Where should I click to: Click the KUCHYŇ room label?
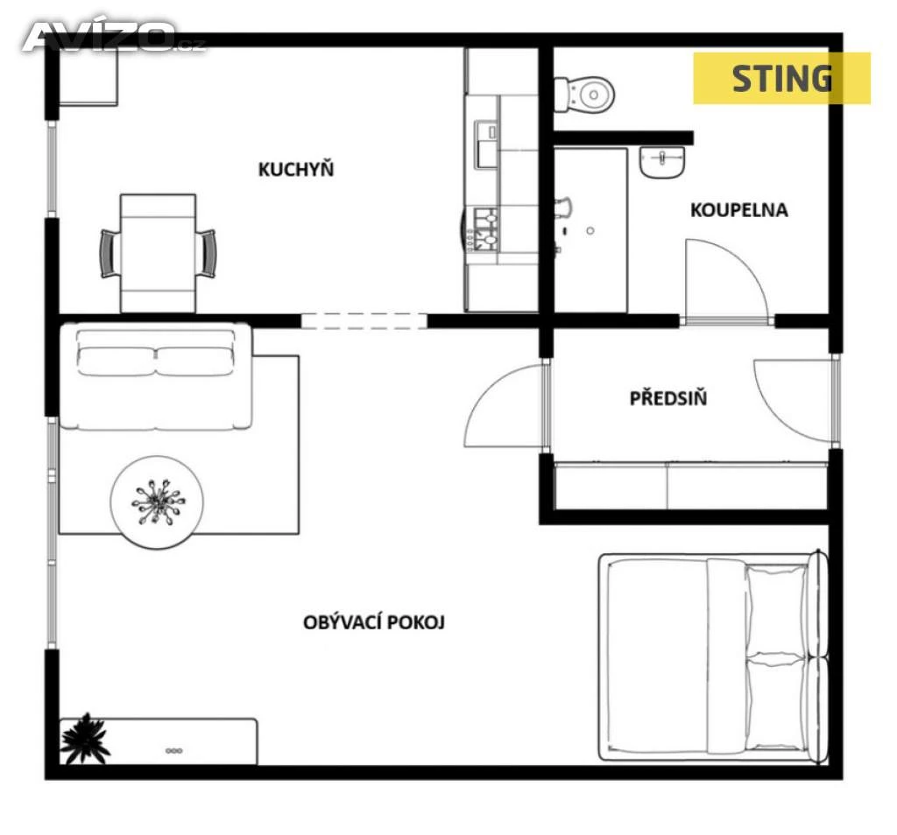(x=296, y=170)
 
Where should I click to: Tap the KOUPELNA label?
(x=739, y=210)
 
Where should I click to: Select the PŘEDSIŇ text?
(x=668, y=397)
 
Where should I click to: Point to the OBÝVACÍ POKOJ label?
(x=374, y=621)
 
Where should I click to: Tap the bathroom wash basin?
(x=662, y=162)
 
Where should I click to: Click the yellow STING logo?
(x=782, y=78)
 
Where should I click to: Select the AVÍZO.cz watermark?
(x=113, y=37)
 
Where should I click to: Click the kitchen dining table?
(x=158, y=254)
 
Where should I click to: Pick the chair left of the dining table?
(x=110, y=254)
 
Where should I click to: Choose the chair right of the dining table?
(x=206, y=254)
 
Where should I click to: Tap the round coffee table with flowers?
(x=157, y=502)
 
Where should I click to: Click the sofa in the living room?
(x=156, y=376)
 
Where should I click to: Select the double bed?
(x=713, y=657)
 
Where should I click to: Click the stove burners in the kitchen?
(x=483, y=231)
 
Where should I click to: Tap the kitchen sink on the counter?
(x=485, y=144)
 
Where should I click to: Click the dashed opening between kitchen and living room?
(x=364, y=321)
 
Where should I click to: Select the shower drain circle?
(x=590, y=231)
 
